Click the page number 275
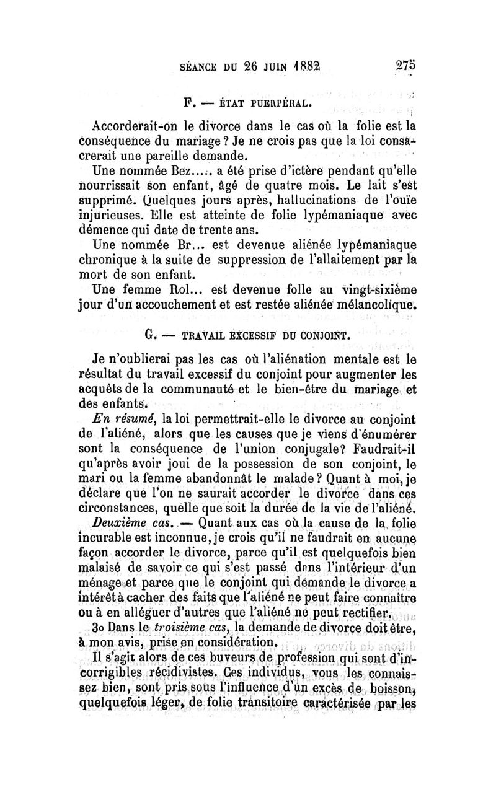(x=402, y=66)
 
